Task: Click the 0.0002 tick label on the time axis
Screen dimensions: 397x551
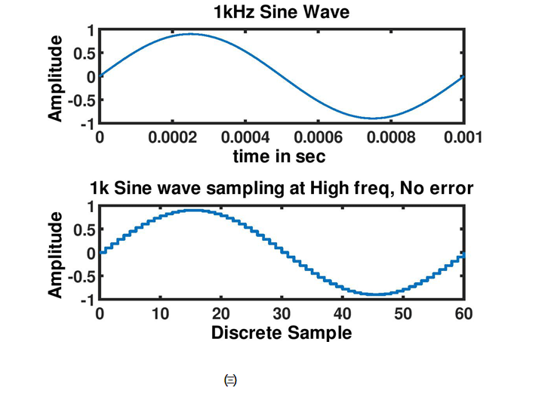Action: [x=172, y=138]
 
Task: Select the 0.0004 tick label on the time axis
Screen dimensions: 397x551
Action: [x=245, y=138]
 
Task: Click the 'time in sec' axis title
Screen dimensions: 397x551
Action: [x=281, y=156]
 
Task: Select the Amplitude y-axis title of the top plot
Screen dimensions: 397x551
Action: [x=56, y=76]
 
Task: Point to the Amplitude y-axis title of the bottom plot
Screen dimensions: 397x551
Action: [x=56, y=253]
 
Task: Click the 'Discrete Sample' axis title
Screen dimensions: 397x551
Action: [x=281, y=332]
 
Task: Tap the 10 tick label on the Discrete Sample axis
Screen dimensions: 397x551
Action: [x=160, y=314]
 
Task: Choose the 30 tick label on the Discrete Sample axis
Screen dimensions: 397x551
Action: [x=281, y=314]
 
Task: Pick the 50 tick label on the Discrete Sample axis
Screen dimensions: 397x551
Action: [x=402, y=314]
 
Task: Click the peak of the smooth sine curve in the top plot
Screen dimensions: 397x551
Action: [x=191, y=34]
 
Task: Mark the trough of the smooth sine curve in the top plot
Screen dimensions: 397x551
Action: [x=371, y=118]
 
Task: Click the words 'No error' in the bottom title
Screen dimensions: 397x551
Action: [x=438, y=188]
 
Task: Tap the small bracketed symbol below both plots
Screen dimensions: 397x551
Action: [x=230, y=381]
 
